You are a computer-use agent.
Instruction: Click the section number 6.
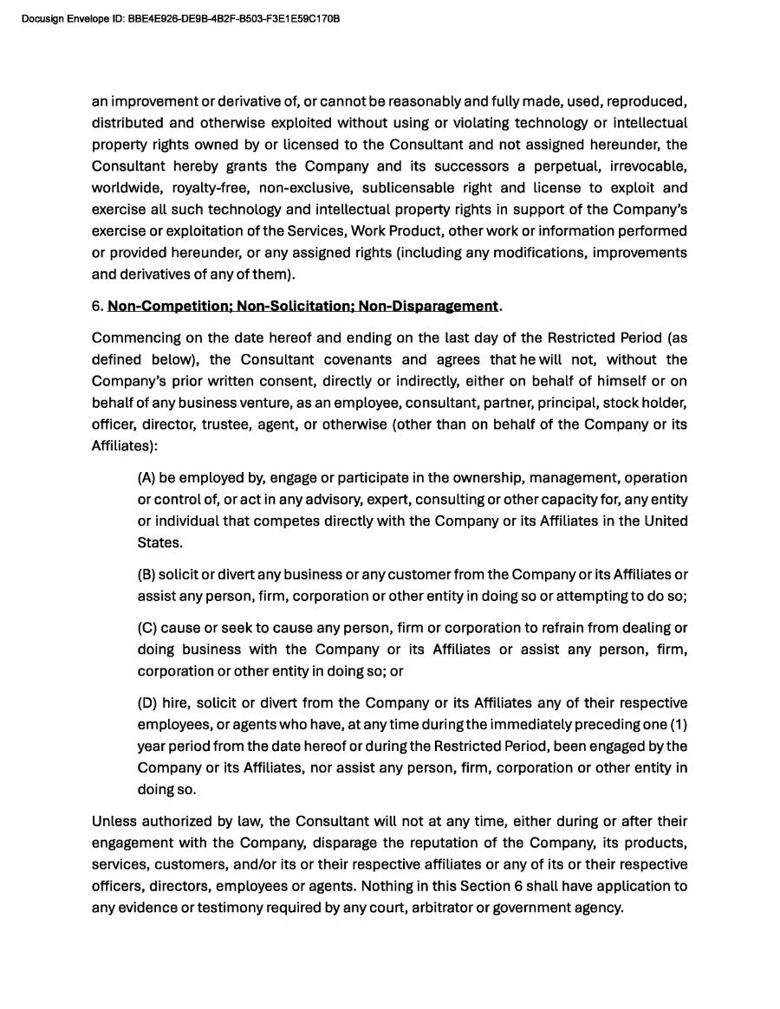(96, 306)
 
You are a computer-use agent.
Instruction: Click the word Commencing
(133, 338)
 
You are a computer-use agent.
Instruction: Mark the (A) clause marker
(146, 478)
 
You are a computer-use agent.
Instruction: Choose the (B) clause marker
(146, 574)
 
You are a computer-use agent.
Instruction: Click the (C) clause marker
(146, 627)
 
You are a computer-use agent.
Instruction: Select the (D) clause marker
(147, 702)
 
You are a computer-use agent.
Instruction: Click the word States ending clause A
(160, 543)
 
